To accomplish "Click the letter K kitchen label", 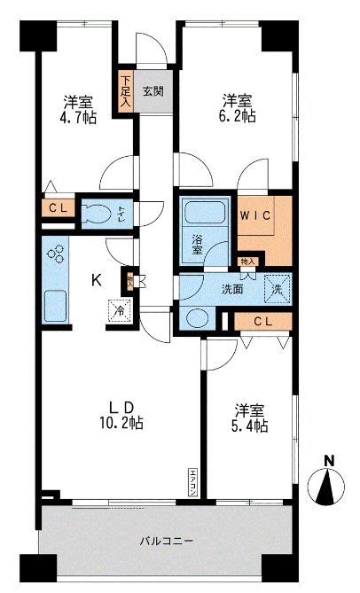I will tap(97, 280).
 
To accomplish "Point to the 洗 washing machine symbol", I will tap(277, 288).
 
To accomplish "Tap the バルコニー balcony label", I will tap(166, 541).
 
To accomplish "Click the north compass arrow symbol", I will tap(328, 485).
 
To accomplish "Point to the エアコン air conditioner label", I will tap(192, 483).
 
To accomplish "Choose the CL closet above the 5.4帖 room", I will tap(263, 322).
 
